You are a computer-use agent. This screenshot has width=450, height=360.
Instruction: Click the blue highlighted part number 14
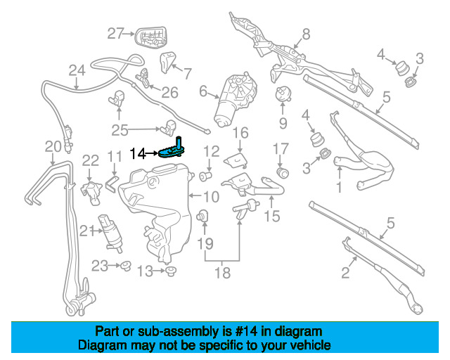(x=172, y=150)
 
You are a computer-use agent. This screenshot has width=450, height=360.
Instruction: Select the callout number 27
(x=115, y=33)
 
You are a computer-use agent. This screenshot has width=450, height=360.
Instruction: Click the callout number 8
(x=307, y=34)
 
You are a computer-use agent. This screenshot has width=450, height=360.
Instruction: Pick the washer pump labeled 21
(x=110, y=233)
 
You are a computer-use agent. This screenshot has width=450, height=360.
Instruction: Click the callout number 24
(x=77, y=70)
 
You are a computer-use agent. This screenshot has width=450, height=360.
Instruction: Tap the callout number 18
(x=222, y=272)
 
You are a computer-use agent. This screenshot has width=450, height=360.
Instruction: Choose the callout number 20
(x=53, y=146)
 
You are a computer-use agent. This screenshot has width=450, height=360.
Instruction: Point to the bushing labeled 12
(x=205, y=175)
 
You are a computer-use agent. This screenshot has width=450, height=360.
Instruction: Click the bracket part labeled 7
(x=167, y=62)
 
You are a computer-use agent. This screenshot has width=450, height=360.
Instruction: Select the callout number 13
(x=145, y=271)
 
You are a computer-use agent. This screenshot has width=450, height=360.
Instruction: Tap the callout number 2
(x=345, y=272)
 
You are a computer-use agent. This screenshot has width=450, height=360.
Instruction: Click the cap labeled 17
(x=283, y=172)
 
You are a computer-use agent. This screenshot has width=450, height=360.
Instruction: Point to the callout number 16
(x=240, y=133)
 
